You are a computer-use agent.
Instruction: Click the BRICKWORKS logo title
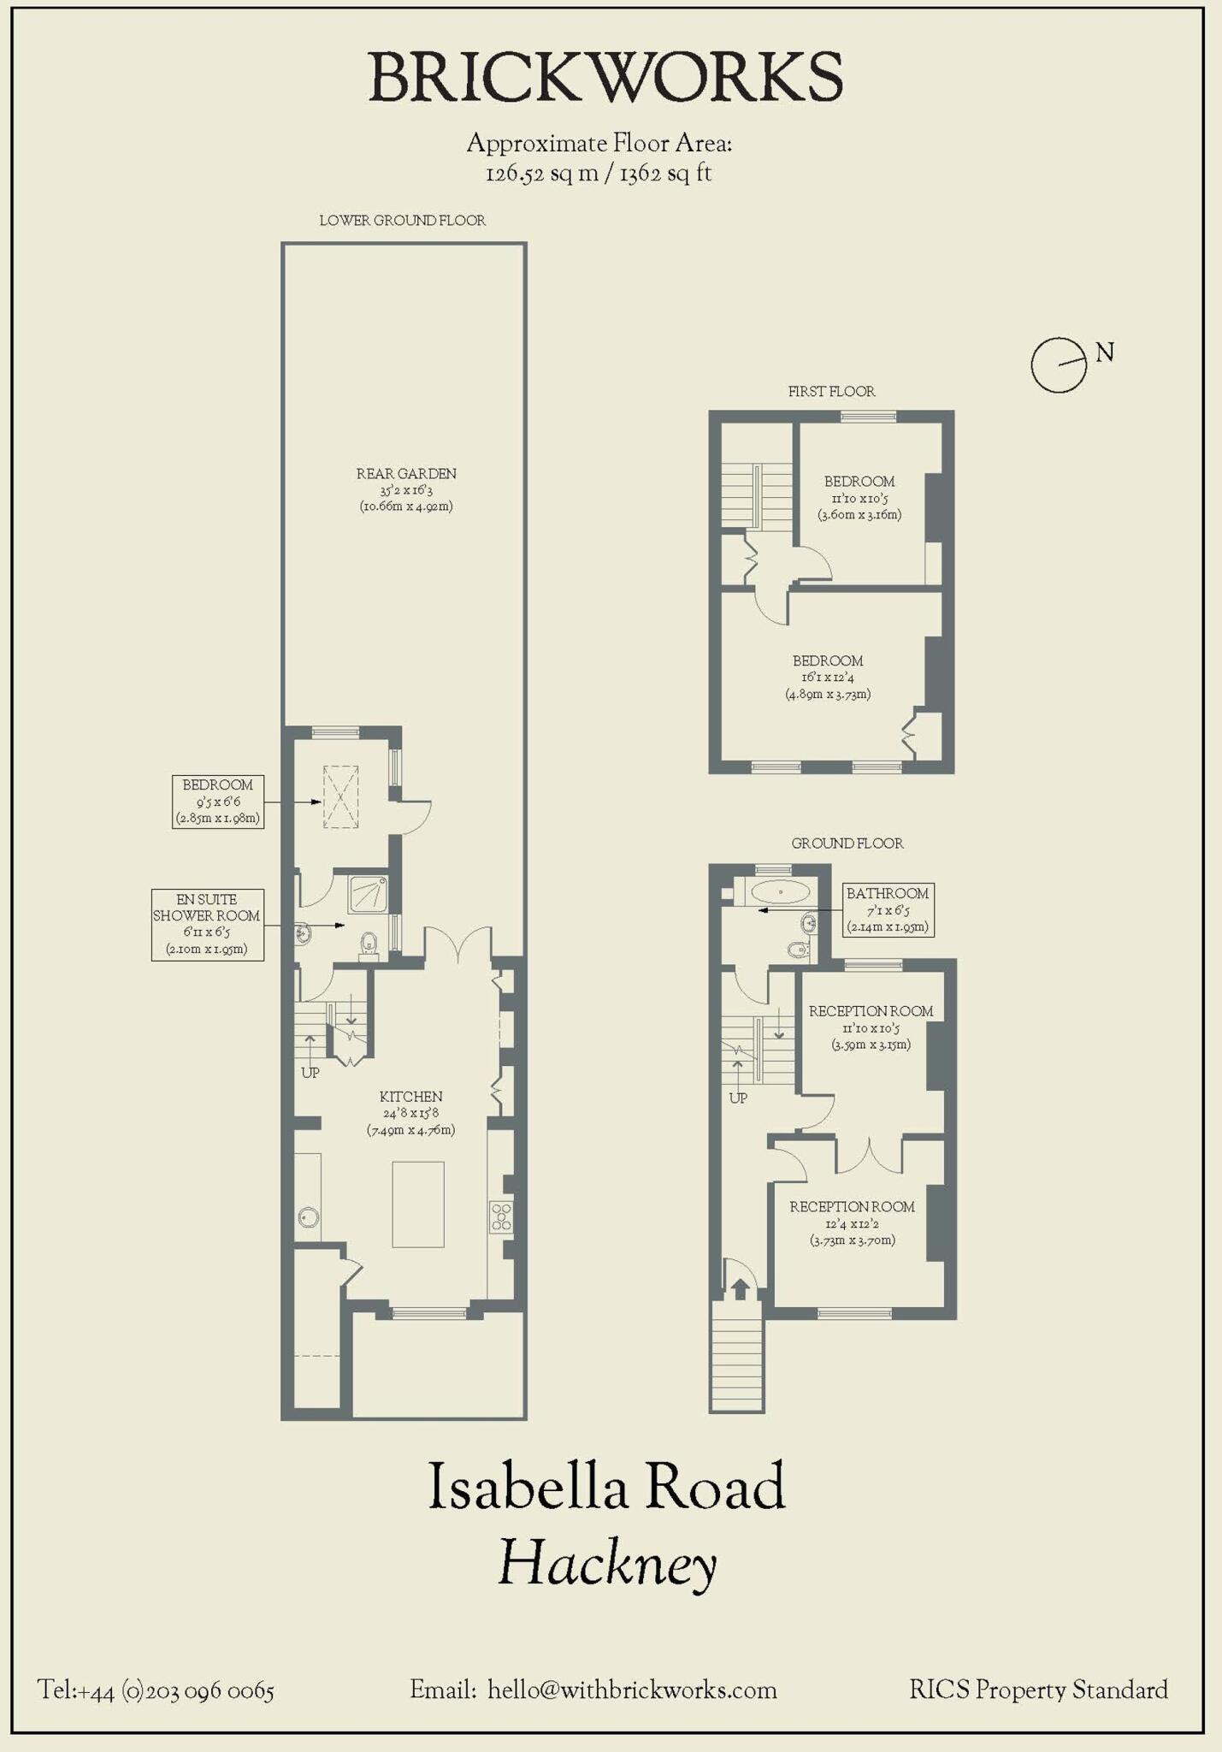(605, 77)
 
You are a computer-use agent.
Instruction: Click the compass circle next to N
(1058, 365)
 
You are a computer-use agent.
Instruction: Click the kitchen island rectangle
(418, 1204)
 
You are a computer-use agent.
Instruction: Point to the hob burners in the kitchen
(501, 1216)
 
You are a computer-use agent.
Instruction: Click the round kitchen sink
(309, 1216)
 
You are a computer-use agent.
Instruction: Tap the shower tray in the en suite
(369, 895)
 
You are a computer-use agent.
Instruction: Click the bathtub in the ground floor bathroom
(780, 892)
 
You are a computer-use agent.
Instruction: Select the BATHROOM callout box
(887, 909)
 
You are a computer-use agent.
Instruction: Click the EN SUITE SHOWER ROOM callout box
(207, 924)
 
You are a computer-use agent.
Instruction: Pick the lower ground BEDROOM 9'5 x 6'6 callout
(217, 802)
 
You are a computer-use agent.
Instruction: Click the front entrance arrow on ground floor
(740, 1287)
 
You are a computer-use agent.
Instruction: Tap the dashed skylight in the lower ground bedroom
(340, 797)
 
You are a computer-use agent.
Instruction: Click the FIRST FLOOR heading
(831, 391)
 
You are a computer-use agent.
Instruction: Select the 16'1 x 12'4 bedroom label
(828, 677)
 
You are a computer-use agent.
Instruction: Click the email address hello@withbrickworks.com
(632, 1690)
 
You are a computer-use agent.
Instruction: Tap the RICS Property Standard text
(1038, 1690)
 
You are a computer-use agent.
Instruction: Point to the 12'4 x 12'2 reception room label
(852, 1222)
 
